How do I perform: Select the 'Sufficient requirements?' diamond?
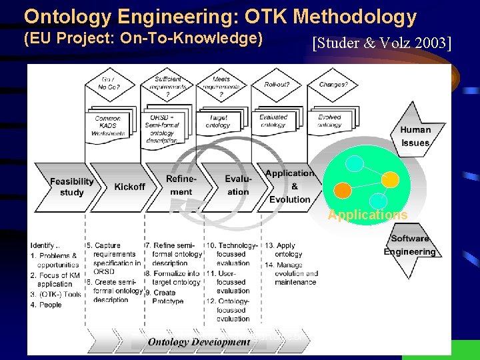[x=167, y=85]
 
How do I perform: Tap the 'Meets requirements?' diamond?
[x=222, y=85]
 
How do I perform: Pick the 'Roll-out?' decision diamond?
[x=277, y=85]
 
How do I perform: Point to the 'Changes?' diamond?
[x=333, y=85]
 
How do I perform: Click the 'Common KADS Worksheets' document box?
[x=108, y=125]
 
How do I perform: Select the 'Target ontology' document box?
[x=218, y=122]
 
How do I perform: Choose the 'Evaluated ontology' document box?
[x=273, y=121]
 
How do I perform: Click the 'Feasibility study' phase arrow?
[x=71, y=187]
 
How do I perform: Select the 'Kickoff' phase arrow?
[x=129, y=187]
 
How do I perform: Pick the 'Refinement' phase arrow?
[x=181, y=185]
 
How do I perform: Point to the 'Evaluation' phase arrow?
[x=238, y=185]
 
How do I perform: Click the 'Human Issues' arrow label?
[x=415, y=136]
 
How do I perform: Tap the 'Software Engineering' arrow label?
[x=409, y=245]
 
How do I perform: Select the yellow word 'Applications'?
[x=367, y=215]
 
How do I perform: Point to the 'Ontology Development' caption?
[x=199, y=342]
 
